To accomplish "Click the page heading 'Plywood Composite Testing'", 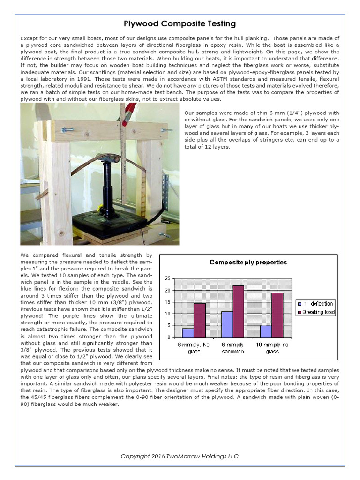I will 180,23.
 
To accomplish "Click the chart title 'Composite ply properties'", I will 248,262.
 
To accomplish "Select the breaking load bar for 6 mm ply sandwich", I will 239,311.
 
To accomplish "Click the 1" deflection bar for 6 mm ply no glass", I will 187,333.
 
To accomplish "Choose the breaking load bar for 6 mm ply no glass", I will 200,320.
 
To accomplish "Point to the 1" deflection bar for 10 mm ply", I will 266,331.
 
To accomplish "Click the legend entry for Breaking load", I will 316,312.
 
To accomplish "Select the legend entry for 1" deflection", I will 316,303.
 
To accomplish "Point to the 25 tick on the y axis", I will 168,279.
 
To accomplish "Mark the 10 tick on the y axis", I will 168,314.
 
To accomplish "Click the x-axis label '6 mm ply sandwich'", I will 232,348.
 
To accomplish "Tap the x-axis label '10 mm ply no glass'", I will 272,348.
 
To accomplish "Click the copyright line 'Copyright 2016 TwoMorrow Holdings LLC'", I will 180,456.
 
